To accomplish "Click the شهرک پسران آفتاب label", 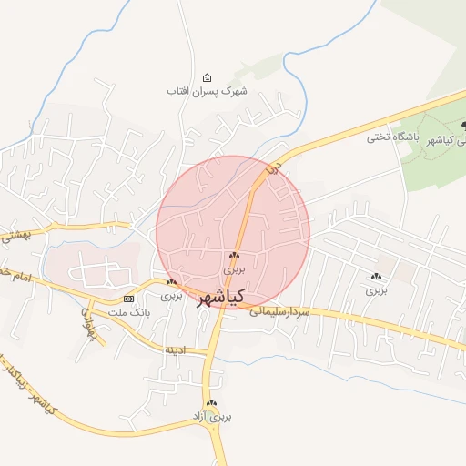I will pos(208,91).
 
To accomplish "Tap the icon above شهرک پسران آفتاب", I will pos(208,77).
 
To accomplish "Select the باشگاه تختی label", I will pos(390,137).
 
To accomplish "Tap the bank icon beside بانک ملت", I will pos(127,299).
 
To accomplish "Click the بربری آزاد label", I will pos(211,416).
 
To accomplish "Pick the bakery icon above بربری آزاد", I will pos(212,402).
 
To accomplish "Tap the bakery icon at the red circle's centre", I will pos(235,256).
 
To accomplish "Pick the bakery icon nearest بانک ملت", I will pos(171,282).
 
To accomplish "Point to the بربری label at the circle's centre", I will pos(235,269).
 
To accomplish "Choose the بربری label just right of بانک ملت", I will pos(171,296).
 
